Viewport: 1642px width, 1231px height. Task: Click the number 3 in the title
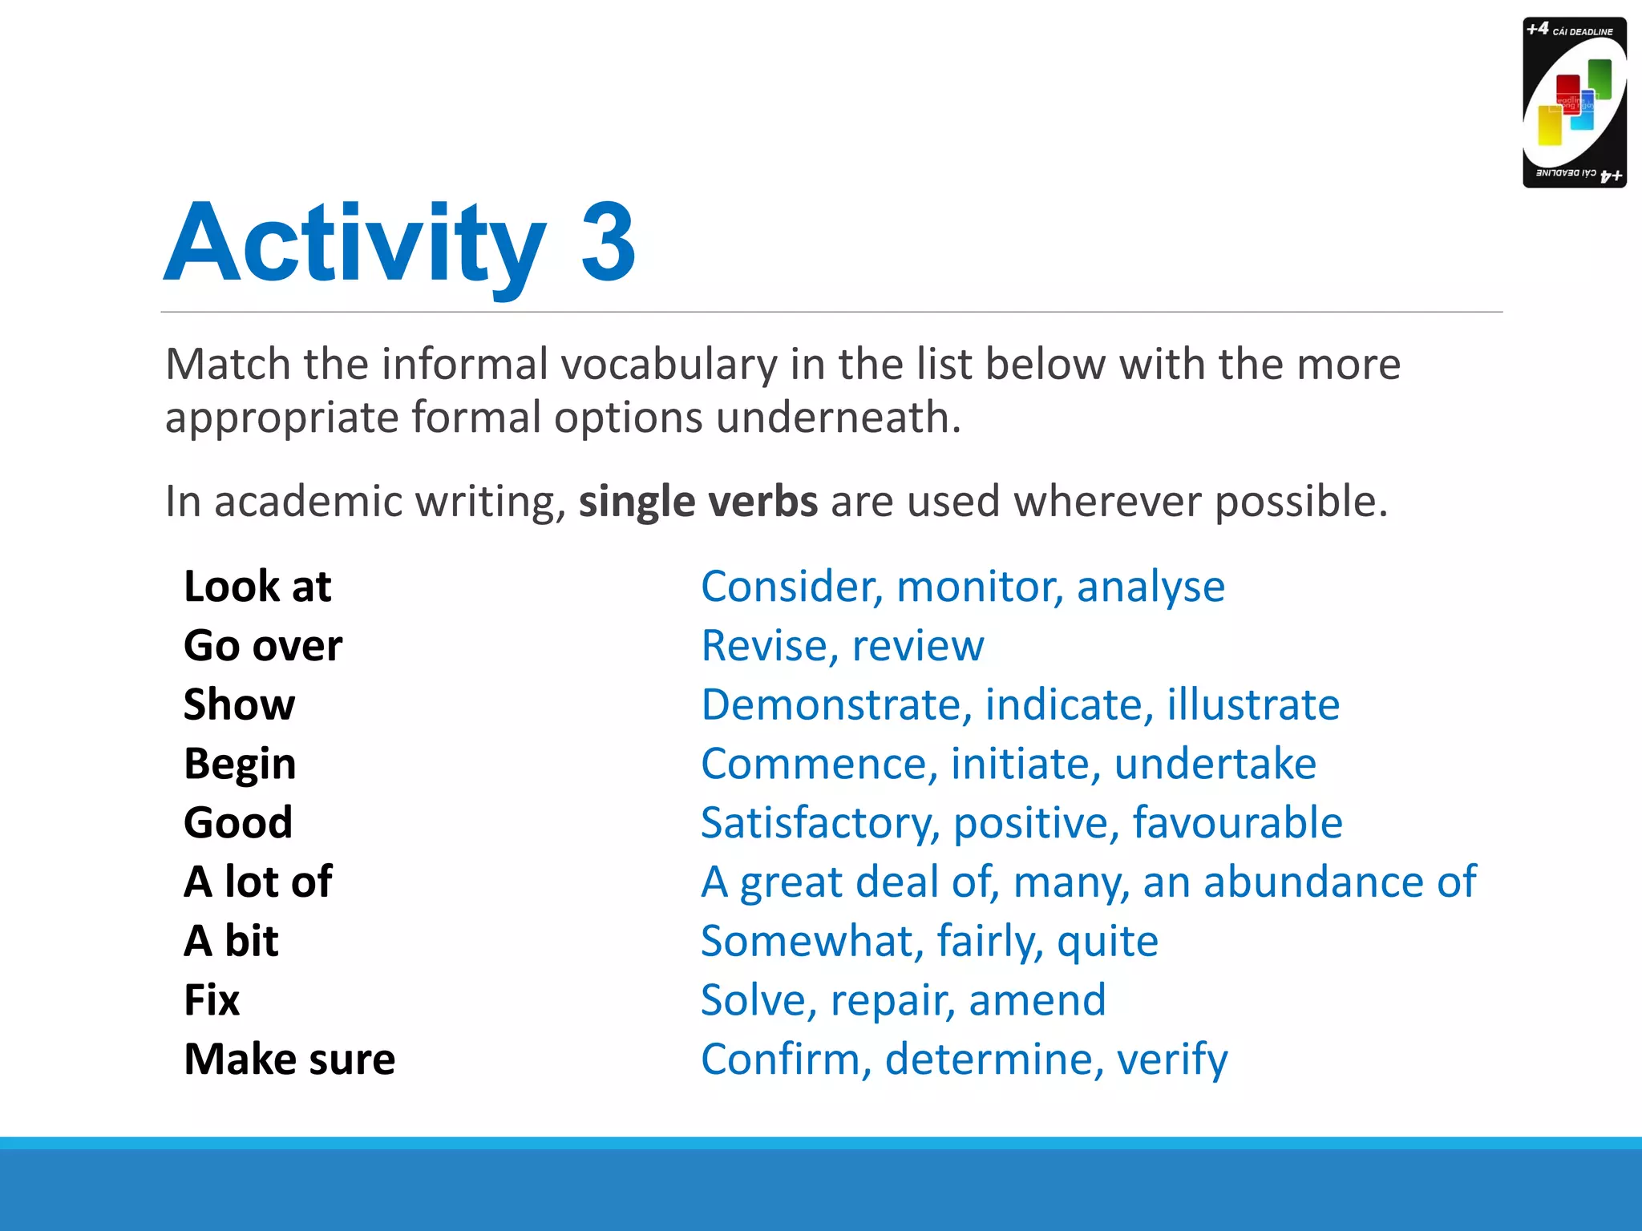[608, 242]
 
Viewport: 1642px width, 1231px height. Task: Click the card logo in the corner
[1574, 103]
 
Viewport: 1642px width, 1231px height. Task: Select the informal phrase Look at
[257, 587]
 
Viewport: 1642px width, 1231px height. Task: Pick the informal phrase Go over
[263, 646]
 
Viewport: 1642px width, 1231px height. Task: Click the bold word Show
[239, 705]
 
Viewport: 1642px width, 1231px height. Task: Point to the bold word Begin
[240, 764]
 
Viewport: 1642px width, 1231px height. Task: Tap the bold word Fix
[212, 1000]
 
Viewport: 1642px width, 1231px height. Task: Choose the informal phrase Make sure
[289, 1059]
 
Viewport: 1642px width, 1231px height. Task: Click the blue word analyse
[1151, 587]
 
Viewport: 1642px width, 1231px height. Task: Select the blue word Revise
[766, 646]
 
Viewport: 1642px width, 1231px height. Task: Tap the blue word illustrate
[1252, 705]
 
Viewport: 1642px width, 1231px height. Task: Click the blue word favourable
[1237, 823]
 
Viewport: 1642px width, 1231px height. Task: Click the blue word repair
[892, 1001]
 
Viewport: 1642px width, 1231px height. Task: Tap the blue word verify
[1171, 1060]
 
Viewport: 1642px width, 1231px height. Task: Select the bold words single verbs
[698, 502]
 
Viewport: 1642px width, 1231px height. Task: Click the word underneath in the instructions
[837, 418]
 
